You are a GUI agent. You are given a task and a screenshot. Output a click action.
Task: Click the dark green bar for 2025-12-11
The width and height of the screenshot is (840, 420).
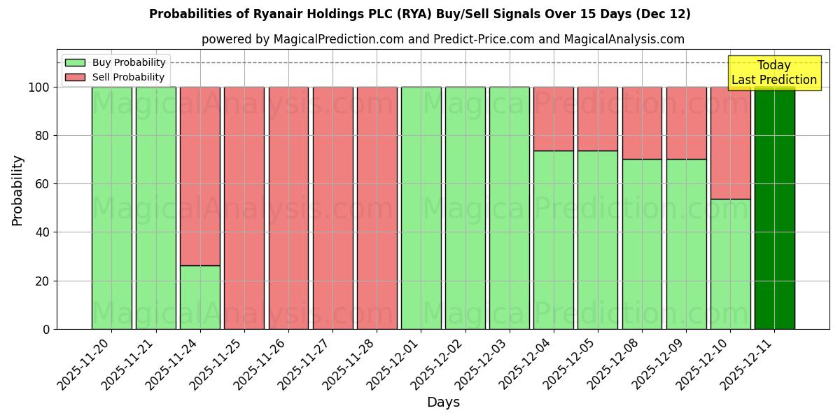pos(774,208)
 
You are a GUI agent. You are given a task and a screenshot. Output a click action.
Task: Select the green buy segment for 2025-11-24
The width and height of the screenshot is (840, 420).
pos(200,297)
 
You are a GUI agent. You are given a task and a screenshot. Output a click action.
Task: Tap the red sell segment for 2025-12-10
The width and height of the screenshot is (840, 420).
pos(730,143)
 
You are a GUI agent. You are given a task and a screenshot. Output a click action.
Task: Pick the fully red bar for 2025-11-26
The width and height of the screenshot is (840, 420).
pos(288,208)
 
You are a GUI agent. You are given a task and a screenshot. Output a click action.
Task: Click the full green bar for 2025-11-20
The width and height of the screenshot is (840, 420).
pos(111,208)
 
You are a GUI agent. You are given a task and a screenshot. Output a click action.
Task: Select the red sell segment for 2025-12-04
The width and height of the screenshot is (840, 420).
pos(553,119)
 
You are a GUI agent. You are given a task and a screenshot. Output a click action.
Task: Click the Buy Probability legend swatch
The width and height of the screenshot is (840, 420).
pos(75,62)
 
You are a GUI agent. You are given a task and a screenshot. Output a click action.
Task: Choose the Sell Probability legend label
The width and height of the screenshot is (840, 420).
pos(128,77)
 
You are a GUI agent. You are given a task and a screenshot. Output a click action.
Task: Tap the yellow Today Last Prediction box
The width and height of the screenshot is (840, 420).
pos(773,73)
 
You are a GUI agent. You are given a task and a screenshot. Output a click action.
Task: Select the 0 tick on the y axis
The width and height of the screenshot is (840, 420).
pos(45,329)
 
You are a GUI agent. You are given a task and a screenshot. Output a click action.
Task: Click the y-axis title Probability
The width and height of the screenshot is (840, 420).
pos(17,190)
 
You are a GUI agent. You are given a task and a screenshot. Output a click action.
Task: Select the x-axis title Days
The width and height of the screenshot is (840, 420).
pos(443,402)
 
